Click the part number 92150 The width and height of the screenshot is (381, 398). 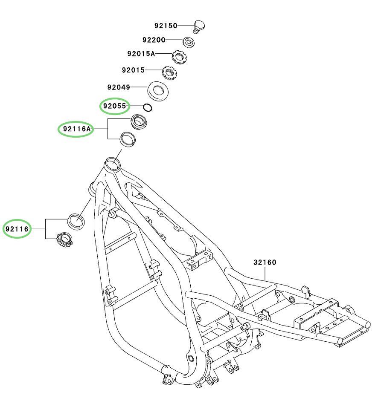click(166, 26)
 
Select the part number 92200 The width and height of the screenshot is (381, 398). click(154, 40)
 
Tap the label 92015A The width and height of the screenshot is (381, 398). click(141, 54)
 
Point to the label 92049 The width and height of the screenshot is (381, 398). click(119, 87)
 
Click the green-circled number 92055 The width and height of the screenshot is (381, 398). click(114, 106)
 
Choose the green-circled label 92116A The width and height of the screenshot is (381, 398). click(77, 129)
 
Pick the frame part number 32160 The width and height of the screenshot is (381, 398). click(265, 262)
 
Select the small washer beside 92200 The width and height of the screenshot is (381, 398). click(189, 42)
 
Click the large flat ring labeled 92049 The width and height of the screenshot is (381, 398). click(158, 91)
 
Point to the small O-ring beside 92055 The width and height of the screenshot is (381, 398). click(148, 108)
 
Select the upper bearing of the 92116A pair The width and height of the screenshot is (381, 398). click(139, 122)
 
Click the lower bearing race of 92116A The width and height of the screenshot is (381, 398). click(128, 139)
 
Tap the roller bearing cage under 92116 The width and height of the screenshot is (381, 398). click(64, 240)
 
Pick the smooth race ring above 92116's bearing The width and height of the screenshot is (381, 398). click(76, 222)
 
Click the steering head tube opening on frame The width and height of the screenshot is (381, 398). click(112, 164)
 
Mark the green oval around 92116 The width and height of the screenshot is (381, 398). click(17, 229)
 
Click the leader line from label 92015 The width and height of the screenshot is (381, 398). click(154, 70)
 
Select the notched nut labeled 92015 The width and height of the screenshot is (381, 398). click(169, 73)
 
